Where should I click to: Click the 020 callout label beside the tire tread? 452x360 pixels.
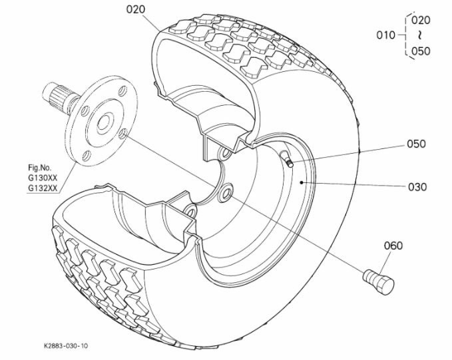136,9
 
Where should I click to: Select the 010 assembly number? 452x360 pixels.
385,35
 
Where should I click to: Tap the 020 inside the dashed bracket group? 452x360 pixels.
421,20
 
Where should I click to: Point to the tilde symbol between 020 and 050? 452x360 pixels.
421,35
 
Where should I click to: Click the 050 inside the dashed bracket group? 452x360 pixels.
421,51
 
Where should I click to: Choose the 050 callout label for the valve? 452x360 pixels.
416,144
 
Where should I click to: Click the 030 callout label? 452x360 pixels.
417,187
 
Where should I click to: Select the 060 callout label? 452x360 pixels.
393,246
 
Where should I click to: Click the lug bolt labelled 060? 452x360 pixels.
378,281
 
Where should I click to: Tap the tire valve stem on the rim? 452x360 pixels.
287,158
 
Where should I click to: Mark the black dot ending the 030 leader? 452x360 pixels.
302,182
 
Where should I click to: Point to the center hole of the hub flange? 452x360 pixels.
103,122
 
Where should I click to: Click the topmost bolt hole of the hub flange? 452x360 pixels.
122,90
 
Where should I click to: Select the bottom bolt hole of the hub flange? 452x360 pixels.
86,156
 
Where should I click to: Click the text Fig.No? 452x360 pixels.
39,168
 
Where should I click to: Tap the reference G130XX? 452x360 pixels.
43,178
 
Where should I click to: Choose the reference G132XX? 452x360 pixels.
43,188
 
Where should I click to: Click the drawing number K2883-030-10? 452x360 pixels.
66,346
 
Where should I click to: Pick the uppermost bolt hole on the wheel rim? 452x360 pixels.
224,152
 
